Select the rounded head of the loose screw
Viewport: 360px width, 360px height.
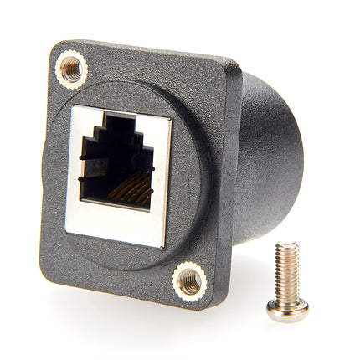(287, 310)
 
